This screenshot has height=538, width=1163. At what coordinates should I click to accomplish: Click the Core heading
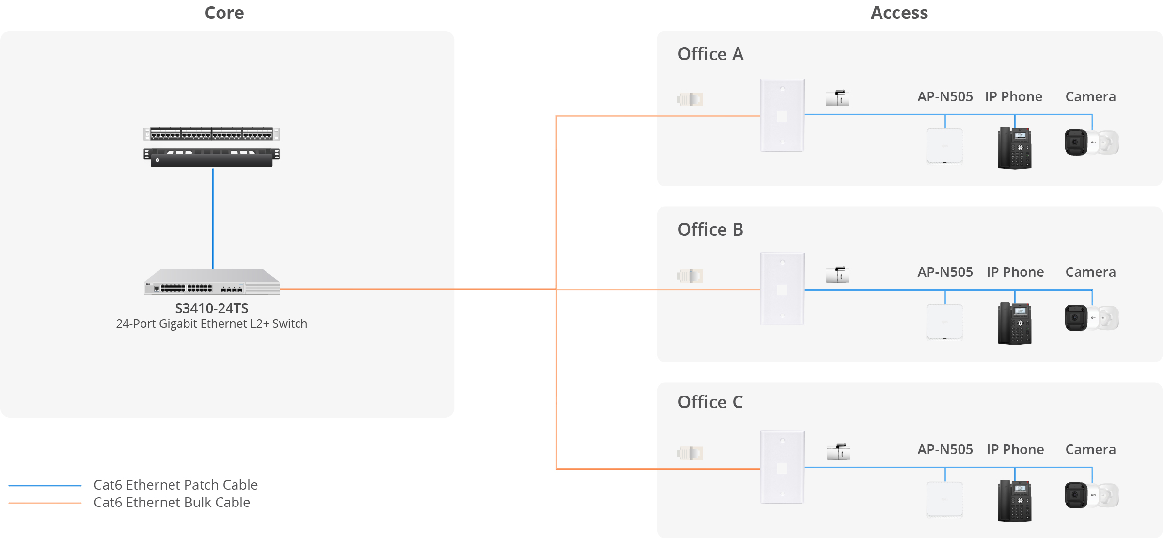click(224, 13)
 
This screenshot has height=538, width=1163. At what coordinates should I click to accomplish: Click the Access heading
click(899, 13)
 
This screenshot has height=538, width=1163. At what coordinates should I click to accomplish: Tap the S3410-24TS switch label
click(212, 308)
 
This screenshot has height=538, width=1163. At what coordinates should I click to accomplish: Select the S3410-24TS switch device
click(212, 282)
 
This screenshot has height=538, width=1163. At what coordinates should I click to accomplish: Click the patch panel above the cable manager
click(212, 133)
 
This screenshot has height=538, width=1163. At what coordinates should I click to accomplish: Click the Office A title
click(710, 54)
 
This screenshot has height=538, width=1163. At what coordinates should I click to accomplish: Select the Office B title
click(710, 230)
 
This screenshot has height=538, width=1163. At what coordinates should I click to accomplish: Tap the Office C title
click(710, 402)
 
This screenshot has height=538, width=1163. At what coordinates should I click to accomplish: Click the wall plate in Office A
click(783, 115)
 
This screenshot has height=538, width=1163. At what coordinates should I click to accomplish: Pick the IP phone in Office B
click(1015, 323)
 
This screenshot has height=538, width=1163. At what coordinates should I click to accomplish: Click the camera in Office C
click(1091, 495)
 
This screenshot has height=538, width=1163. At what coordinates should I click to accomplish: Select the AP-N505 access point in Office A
click(945, 146)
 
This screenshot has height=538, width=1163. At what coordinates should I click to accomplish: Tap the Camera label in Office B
click(1090, 272)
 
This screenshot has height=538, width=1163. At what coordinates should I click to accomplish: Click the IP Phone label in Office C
click(1015, 450)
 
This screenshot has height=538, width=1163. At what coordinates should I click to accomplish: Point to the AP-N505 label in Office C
click(945, 450)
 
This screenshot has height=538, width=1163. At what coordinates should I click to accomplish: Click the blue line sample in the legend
click(45, 485)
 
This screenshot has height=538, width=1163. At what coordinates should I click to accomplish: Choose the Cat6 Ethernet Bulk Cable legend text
click(172, 503)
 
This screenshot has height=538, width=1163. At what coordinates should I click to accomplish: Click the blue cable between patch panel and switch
click(213, 218)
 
